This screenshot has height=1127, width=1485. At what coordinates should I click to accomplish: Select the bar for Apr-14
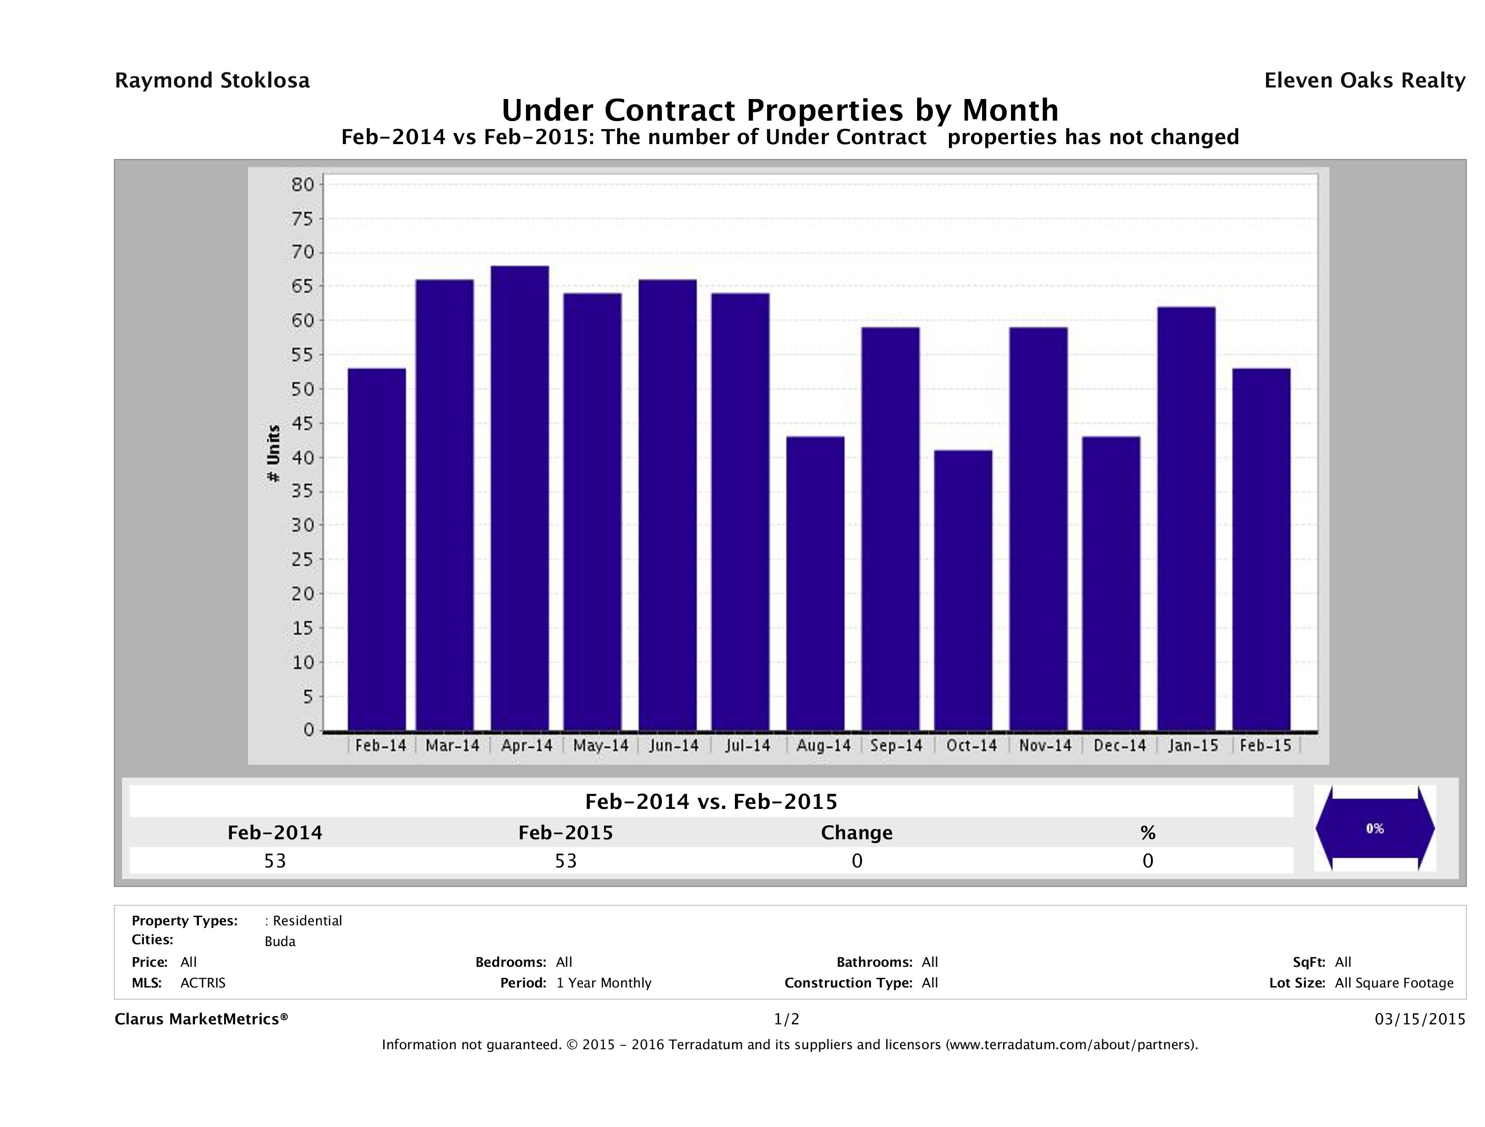[520, 498]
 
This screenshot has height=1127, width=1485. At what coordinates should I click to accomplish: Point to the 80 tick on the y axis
[303, 185]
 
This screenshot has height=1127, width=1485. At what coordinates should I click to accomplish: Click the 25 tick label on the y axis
[303, 559]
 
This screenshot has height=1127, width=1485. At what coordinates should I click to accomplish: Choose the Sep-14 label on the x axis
[896, 745]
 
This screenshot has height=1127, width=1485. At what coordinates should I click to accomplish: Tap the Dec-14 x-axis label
[1119, 745]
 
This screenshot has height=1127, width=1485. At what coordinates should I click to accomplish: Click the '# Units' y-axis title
[273, 453]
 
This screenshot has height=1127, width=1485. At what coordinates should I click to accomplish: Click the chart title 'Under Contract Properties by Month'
[780, 110]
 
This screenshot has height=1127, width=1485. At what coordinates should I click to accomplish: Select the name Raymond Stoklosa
[212, 81]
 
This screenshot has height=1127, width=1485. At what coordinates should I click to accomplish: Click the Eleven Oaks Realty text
[1364, 81]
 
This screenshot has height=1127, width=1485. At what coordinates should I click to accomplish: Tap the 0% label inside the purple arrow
[1374, 829]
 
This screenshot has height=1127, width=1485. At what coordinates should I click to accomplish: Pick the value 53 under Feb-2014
[275, 861]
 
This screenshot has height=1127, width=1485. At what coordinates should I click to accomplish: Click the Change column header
[857, 833]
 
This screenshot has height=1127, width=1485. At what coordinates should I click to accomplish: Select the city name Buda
[280, 941]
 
